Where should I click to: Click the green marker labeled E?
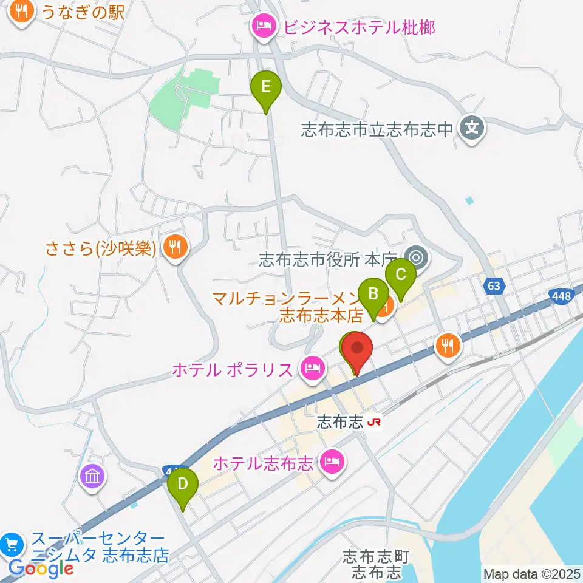pyautogui.click(x=265, y=87)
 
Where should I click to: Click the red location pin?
pyautogui.click(x=358, y=349)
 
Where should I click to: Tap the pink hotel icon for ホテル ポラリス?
pyautogui.click(x=312, y=368)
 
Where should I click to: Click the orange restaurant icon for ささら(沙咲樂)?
pyautogui.click(x=175, y=247)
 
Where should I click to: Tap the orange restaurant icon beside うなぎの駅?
pyautogui.click(x=22, y=12)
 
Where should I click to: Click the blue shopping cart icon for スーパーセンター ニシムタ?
pyautogui.click(x=12, y=544)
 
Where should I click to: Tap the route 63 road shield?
pyautogui.click(x=496, y=285)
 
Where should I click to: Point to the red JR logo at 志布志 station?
pyautogui.click(x=374, y=422)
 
